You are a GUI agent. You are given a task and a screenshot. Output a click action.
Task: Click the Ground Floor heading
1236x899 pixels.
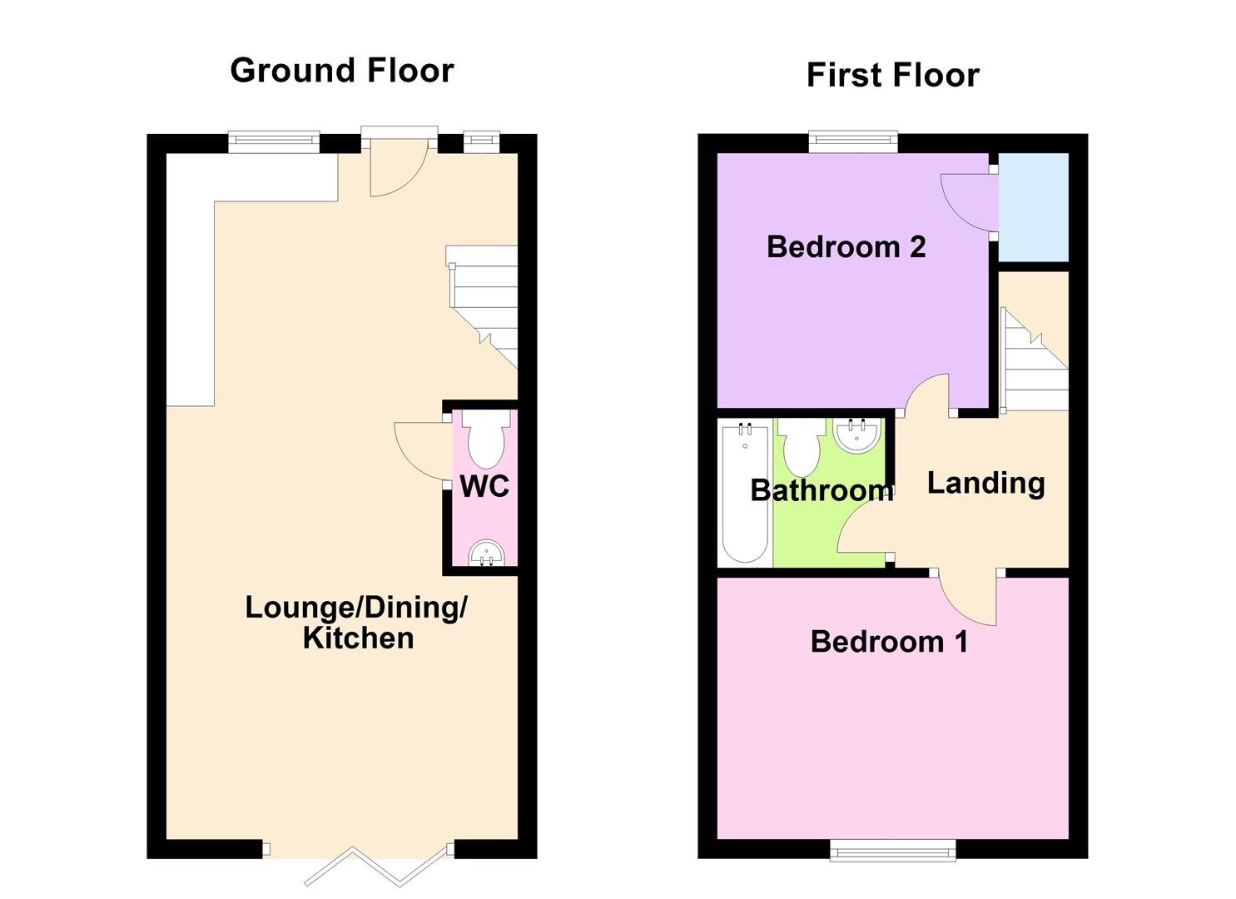(x=342, y=71)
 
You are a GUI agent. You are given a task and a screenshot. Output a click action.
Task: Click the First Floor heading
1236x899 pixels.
(x=892, y=76)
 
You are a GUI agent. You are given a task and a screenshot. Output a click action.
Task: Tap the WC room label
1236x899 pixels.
(x=484, y=486)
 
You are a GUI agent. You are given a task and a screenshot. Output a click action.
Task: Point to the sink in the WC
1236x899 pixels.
(x=485, y=553)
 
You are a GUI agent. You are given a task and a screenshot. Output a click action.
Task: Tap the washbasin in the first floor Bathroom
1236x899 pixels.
(x=856, y=435)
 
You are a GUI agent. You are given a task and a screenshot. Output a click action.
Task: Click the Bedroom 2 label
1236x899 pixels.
(x=846, y=247)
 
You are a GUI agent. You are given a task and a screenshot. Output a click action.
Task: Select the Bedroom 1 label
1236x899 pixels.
(x=889, y=642)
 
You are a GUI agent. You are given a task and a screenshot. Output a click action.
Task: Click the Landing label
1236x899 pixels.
(x=985, y=483)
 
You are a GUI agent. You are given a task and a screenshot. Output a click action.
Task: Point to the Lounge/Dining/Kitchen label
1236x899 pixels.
(x=356, y=622)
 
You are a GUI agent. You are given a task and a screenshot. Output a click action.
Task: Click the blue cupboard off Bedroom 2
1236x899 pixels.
(x=1033, y=206)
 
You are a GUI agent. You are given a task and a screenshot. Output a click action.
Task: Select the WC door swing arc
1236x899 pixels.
(x=421, y=451)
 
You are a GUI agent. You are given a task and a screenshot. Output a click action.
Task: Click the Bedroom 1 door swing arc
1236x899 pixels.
(x=970, y=599)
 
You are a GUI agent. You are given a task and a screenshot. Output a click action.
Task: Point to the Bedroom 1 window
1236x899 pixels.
(x=892, y=849)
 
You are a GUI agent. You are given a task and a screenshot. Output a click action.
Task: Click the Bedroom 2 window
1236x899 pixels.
(x=853, y=142)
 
